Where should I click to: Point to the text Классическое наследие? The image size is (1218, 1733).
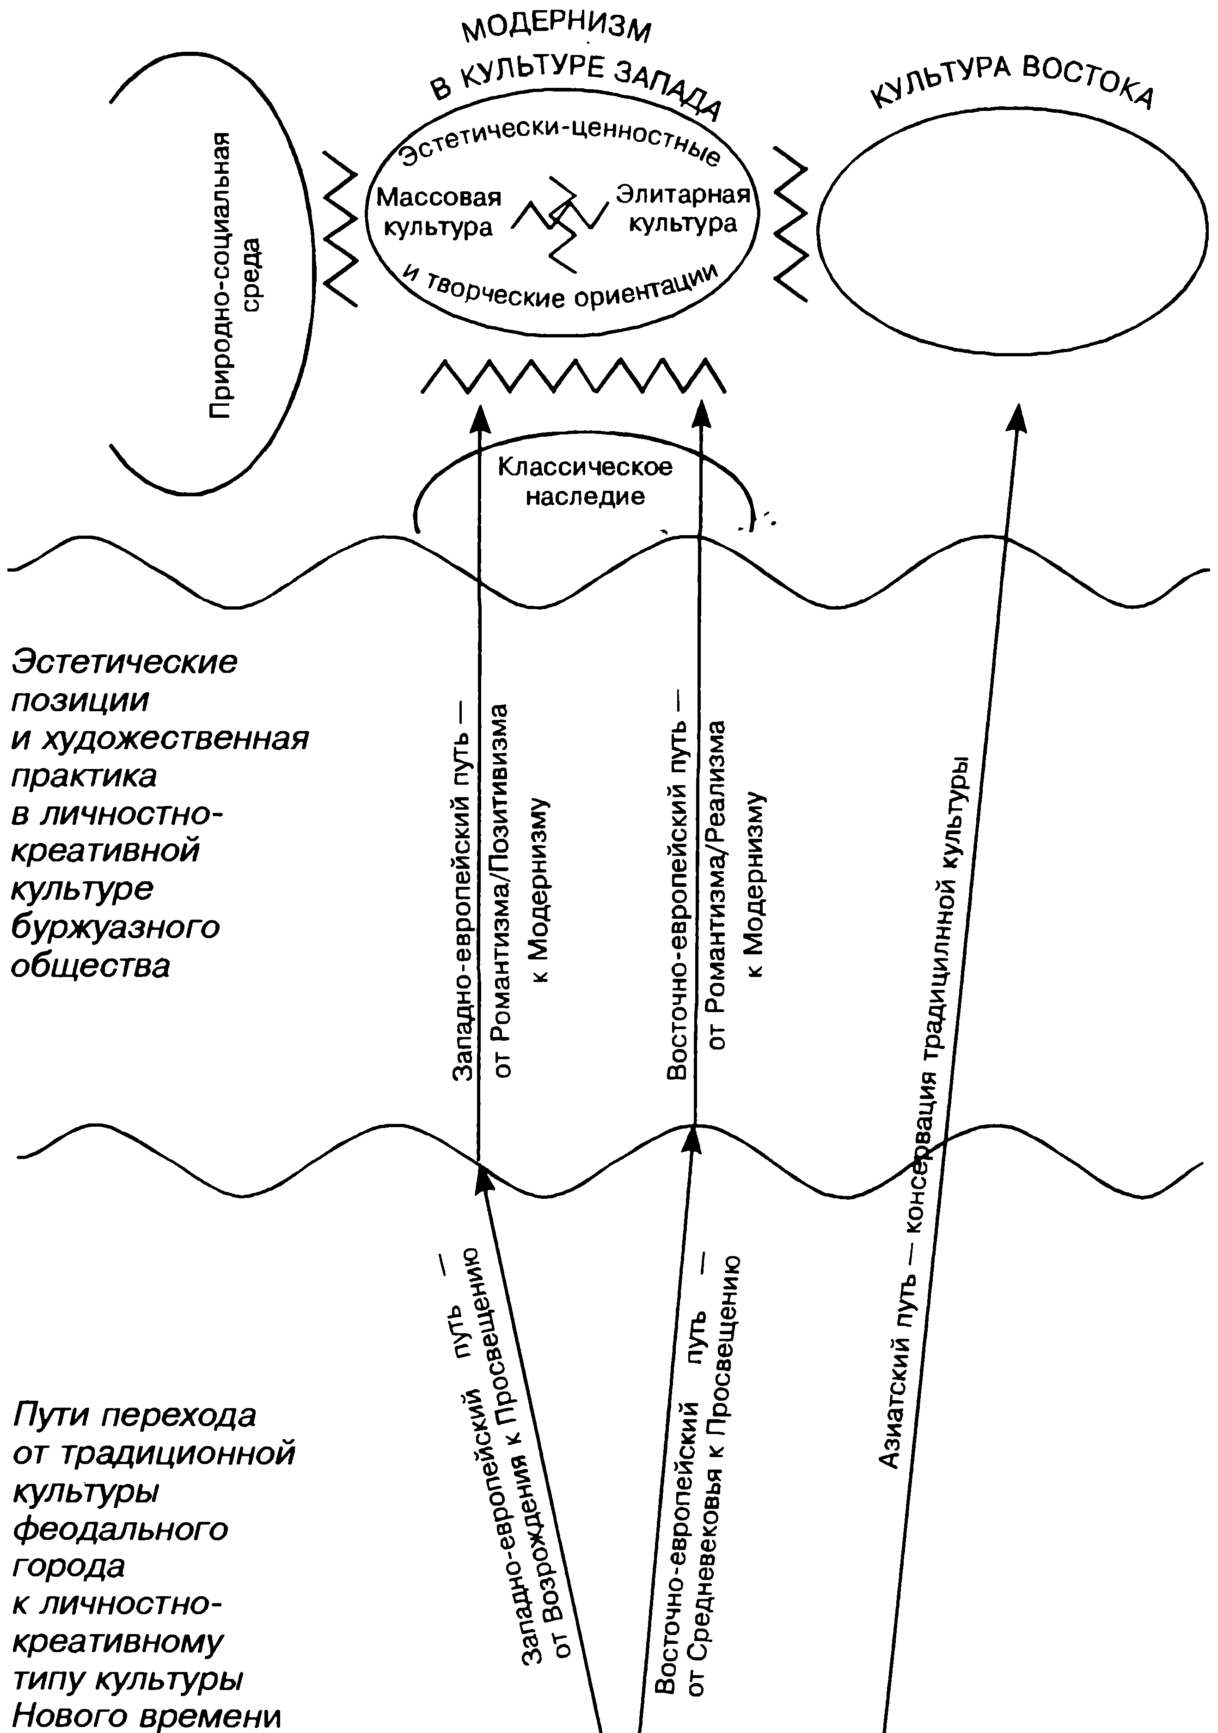coord(585,482)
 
